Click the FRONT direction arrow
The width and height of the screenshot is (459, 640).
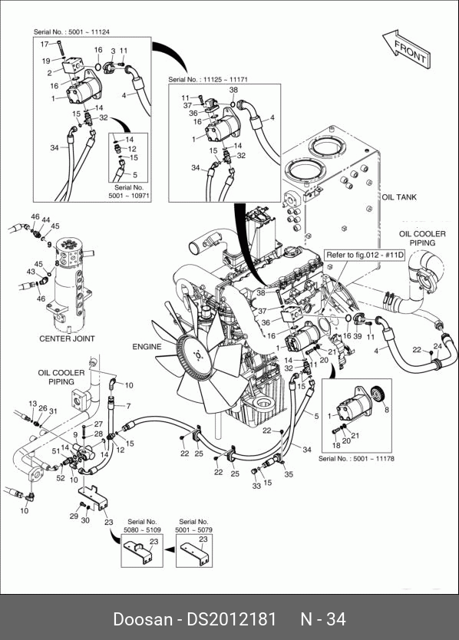click(406, 48)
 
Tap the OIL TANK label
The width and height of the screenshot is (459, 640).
click(399, 197)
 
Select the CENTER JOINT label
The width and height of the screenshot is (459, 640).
click(67, 338)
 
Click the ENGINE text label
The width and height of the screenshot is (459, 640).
click(147, 347)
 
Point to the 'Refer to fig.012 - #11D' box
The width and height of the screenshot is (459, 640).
click(365, 255)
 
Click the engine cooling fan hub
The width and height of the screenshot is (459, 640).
click(198, 356)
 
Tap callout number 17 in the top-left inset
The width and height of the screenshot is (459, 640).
click(44, 44)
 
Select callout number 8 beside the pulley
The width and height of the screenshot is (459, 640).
click(387, 409)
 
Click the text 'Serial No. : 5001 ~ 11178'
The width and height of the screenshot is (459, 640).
click(356, 458)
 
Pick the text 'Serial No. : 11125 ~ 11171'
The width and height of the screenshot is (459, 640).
click(208, 79)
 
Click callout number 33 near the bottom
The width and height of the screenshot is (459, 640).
click(256, 486)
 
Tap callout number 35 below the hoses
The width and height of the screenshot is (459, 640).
click(289, 474)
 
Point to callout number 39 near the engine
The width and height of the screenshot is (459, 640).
click(358, 336)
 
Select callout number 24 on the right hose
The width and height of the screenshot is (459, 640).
click(438, 346)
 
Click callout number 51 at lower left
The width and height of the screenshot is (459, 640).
click(56, 450)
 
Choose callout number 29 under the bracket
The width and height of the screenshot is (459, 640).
click(74, 516)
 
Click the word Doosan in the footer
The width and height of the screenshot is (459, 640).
click(143, 619)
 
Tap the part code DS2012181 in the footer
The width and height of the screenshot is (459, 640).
click(232, 619)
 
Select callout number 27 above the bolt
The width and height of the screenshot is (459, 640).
click(98, 424)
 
